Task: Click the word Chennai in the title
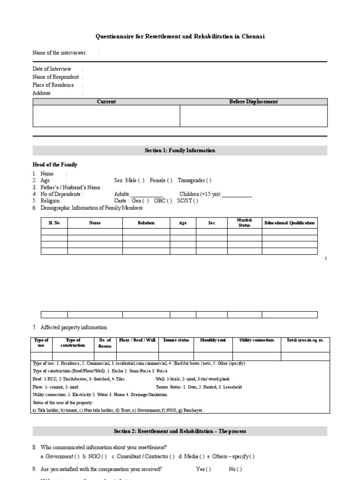click(x=253, y=37)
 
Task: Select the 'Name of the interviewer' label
click(x=59, y=53)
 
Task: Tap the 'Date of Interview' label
click(x=52, y=69)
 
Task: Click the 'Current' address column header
click(x=106, y=102)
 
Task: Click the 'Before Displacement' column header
click(x=253, y=102)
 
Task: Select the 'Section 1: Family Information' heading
click(x=180, y=150)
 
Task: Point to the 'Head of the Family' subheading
click(x=55, y=165)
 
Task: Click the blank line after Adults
click(x=146, y=194)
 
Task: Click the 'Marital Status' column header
click(x=245, y=223)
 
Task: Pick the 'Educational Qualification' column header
click(x=290, y=223)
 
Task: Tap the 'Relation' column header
click(x=146, y=223)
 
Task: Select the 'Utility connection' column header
click(x=256, y=340)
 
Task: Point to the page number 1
click(x=326, y=259)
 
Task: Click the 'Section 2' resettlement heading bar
click(x=180, y=431)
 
